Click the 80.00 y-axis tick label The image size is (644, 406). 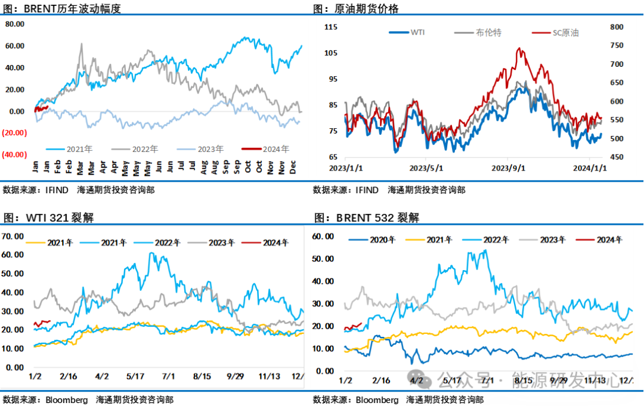[x=14, y=24]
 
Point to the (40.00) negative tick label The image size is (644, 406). [x=14, y=154]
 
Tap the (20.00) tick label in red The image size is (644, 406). [x=14, y=133]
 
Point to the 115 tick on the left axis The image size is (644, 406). [x=331, y=27]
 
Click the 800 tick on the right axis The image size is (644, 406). [x=617, y=27]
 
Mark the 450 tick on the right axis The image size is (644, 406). [x=617, y=157]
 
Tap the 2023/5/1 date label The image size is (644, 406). [x=426, y=168]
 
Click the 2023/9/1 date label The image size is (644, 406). [x=509, y=168]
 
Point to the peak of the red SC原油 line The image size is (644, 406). [x=519, y=48]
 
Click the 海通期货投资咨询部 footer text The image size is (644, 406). [x=444, y=399]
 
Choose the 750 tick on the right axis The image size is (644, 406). [x=617, y=45]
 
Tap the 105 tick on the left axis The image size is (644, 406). [x=331, y=53]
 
